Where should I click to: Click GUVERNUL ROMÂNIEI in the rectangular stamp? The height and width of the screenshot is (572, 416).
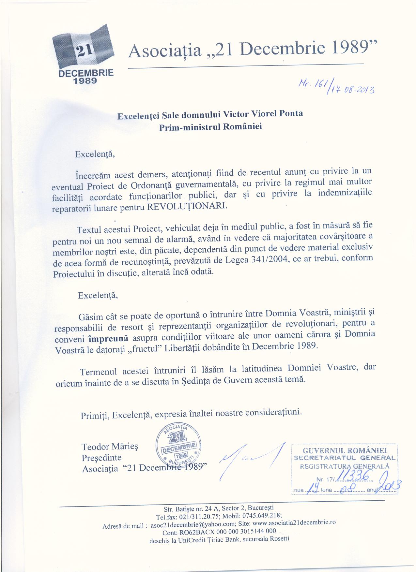345,451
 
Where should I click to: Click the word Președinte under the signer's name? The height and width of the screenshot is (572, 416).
101,457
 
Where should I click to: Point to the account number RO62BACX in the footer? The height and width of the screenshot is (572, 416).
194,531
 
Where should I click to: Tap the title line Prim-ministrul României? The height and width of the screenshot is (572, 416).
210,126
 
